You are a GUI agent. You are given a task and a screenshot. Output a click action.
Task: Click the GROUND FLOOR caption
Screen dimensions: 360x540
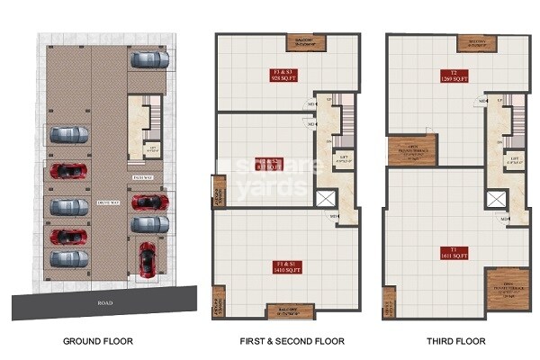(100, 341)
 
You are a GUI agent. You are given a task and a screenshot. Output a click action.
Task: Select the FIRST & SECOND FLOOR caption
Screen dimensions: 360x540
(283, 341)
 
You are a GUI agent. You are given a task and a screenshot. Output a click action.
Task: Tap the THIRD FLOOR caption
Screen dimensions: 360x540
(456, 341)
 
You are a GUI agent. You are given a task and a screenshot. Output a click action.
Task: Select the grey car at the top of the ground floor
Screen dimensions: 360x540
(149, 60)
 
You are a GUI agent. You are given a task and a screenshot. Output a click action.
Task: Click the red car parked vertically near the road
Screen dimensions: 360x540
(146, 258)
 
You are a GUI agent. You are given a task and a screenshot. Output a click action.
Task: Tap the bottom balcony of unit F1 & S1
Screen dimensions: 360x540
(282, 311)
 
